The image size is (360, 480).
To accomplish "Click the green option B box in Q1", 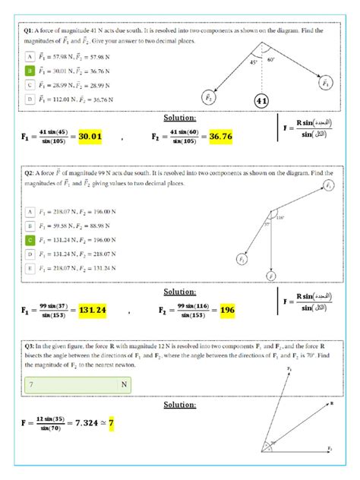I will (x=30, y=70).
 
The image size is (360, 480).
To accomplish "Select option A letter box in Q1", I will (x=30, y=56).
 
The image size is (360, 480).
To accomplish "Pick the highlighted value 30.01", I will (x=90, y=137).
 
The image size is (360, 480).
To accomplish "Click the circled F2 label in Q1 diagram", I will (x=209, y=96).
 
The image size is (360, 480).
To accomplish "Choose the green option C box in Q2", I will (x=30, y=239).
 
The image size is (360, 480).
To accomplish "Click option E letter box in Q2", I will (x=30, y=267).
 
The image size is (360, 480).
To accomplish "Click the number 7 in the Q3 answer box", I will (x=32, y=385).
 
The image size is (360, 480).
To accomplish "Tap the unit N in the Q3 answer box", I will (x=123, y=385).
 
